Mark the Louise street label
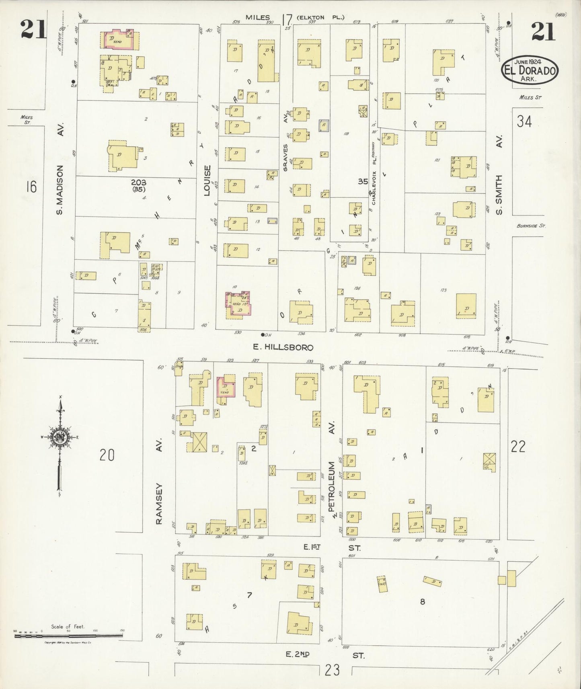click(207, 180)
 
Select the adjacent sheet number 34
click(524, 121)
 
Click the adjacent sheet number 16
click(31, 187)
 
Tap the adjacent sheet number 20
click(107, 455)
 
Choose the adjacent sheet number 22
click(518, 447)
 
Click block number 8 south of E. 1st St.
click(422, 602)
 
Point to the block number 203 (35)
click(139, 185)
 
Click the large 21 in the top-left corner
click(34, 30)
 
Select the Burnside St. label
click(531, 226)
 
